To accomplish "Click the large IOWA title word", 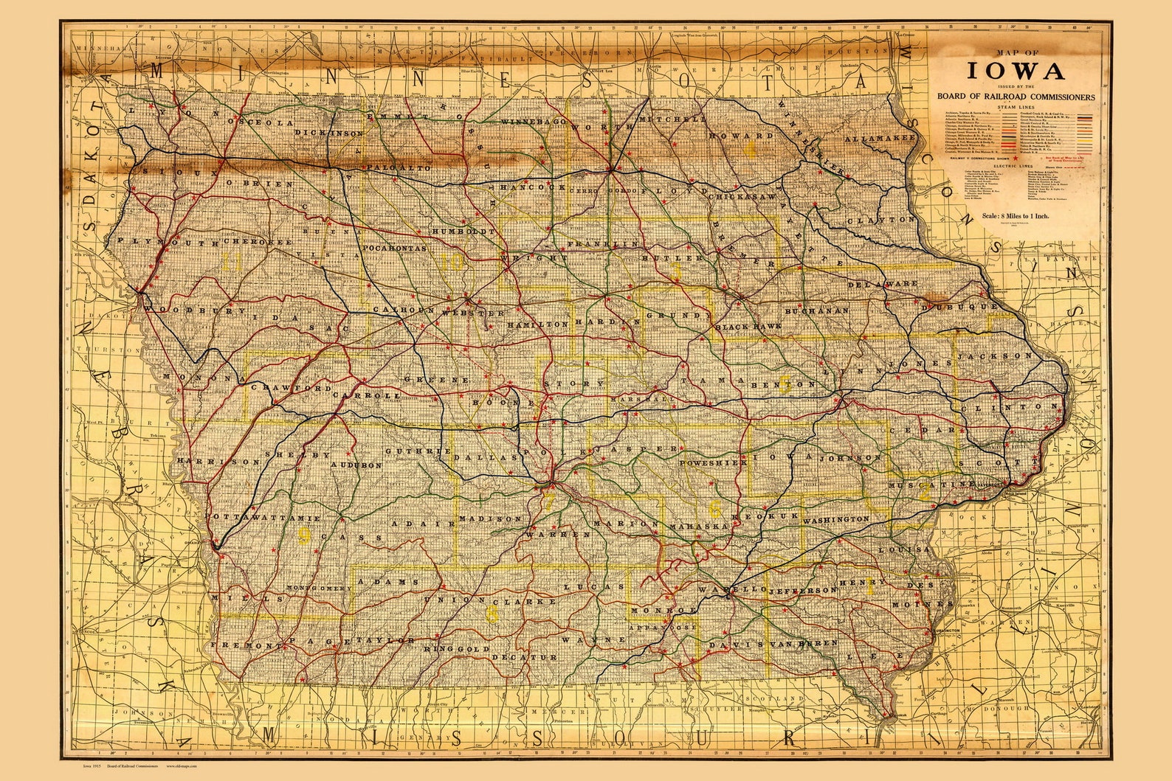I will (1016, 71).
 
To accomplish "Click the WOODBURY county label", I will (193, 311).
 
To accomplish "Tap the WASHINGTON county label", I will (835, 520).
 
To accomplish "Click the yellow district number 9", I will (303, 536).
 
